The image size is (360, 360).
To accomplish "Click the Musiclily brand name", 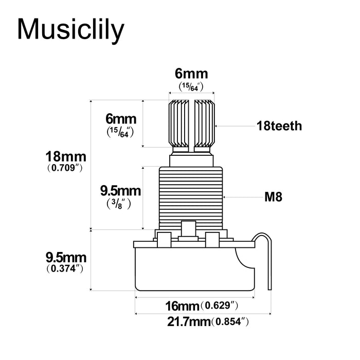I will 70,29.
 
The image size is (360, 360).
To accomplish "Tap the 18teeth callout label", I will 279,125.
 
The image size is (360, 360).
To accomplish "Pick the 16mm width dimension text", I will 182,306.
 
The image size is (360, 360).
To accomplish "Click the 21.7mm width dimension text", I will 189,322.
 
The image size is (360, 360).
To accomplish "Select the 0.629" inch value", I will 219,306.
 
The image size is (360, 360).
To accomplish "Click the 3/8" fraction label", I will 120,203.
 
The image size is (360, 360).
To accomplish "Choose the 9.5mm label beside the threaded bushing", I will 120,191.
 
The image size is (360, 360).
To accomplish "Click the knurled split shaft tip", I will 191,123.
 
